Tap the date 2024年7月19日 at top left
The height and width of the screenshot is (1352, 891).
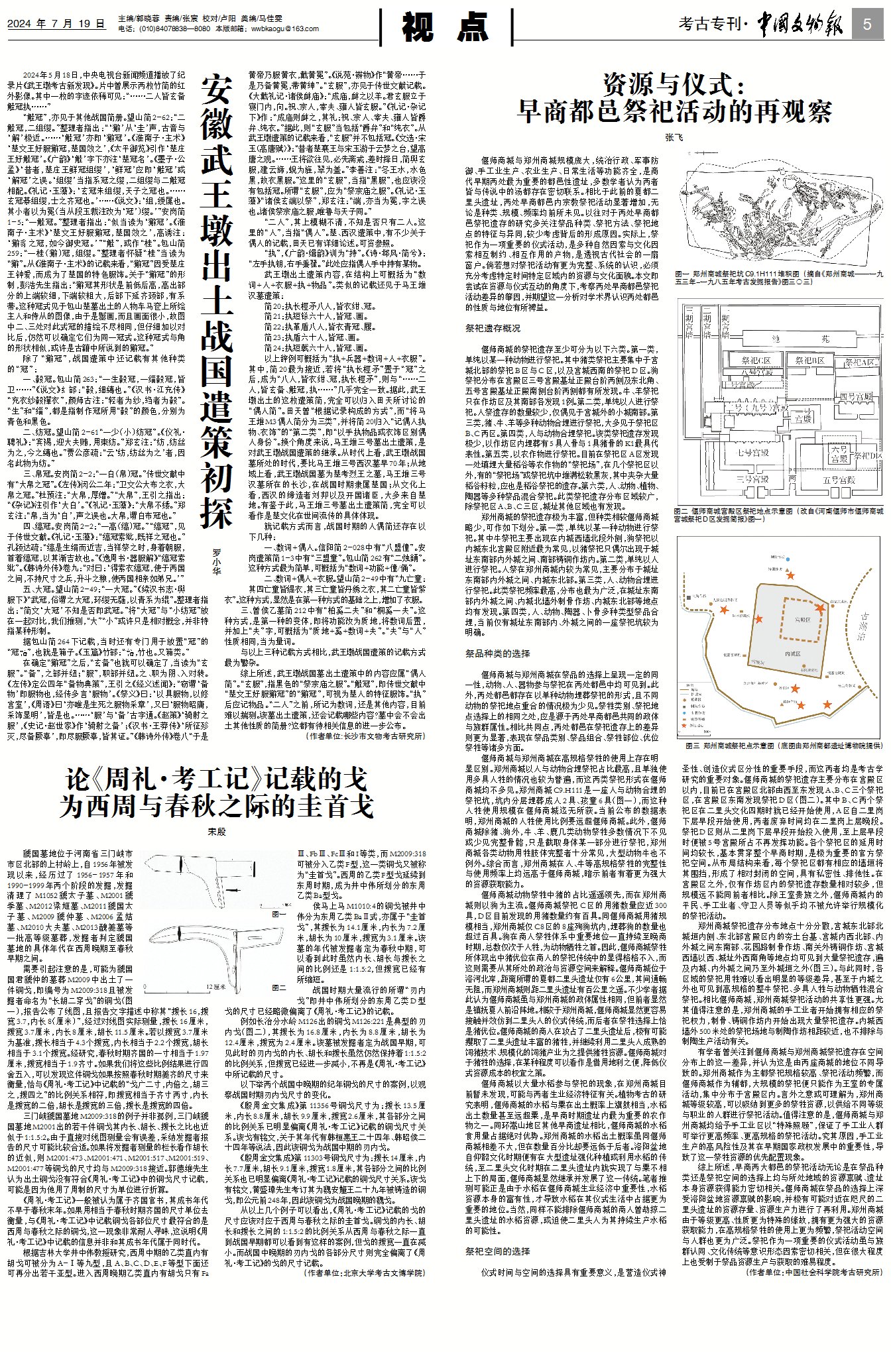click(56, 24)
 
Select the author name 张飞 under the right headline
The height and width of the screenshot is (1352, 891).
click(674, 137)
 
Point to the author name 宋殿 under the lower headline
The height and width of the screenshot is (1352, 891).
click(217, 831)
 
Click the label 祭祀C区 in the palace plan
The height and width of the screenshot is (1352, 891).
click(756, 361)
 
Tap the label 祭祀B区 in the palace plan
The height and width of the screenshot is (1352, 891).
click(809, 361)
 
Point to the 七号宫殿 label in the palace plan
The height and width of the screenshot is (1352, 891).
click(753, 453)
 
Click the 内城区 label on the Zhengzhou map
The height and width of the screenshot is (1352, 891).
click(792, 653)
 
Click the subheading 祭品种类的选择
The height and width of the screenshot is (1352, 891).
click(497, 653)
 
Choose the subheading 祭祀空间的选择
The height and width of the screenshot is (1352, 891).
click(497, 1251)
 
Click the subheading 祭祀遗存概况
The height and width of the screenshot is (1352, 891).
click(493, 328)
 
